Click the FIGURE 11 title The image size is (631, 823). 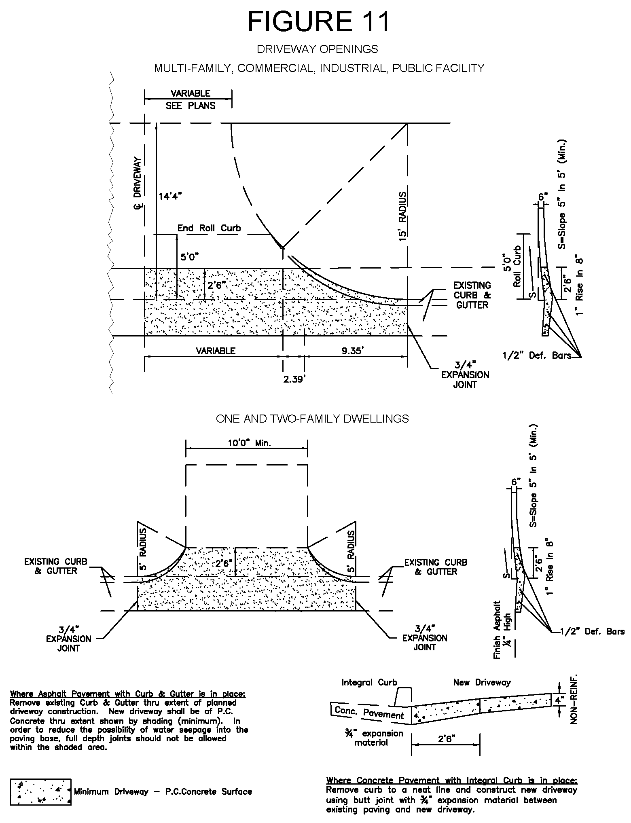point(318,21)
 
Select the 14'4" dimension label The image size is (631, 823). point(170,197)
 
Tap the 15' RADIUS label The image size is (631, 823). point(402,216)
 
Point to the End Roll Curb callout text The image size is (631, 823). point(209,228)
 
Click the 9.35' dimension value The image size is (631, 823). point(353,351)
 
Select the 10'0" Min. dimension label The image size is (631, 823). point(247,443)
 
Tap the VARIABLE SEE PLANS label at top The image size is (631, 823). point(191,99)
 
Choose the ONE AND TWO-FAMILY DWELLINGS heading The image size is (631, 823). point(312,419)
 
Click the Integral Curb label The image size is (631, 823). point(369,683)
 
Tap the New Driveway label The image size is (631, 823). point(482,683)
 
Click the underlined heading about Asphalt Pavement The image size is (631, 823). point(128,694)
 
